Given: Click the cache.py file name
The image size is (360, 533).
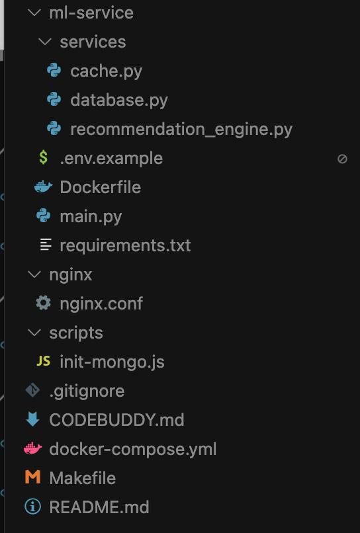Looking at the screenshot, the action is [106, 71].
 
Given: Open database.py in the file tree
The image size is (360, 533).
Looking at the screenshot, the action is [119, 101].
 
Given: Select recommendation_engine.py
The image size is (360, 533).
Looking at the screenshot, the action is [181, 130].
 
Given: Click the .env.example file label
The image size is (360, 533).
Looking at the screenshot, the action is [111, 159].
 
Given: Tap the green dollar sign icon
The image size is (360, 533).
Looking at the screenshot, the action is [43, 158].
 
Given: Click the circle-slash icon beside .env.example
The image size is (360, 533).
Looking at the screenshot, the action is [342, 159].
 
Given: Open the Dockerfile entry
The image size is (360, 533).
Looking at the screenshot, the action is [101, 187].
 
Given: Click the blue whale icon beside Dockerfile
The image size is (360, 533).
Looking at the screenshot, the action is [44, 186].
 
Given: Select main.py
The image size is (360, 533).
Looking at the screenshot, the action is [91, 217].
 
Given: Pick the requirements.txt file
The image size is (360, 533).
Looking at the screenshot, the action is [125, 246].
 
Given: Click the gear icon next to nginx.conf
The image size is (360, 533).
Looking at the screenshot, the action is [44, 303].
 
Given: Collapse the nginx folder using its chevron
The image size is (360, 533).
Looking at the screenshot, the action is [34, 274].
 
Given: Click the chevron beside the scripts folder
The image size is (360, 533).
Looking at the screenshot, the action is [34, 333].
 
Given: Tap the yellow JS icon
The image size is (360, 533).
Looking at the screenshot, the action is [44, 361].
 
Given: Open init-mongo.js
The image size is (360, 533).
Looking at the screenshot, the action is [112, 362].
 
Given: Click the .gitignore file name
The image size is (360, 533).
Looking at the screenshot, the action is [87, 391].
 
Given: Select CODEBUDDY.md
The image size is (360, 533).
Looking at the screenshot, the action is [116, 420].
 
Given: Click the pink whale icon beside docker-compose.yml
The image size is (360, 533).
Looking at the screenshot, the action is [33, 449].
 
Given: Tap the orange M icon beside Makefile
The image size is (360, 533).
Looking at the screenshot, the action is [32, 477].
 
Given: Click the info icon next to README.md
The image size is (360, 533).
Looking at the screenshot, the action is [32, 507].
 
